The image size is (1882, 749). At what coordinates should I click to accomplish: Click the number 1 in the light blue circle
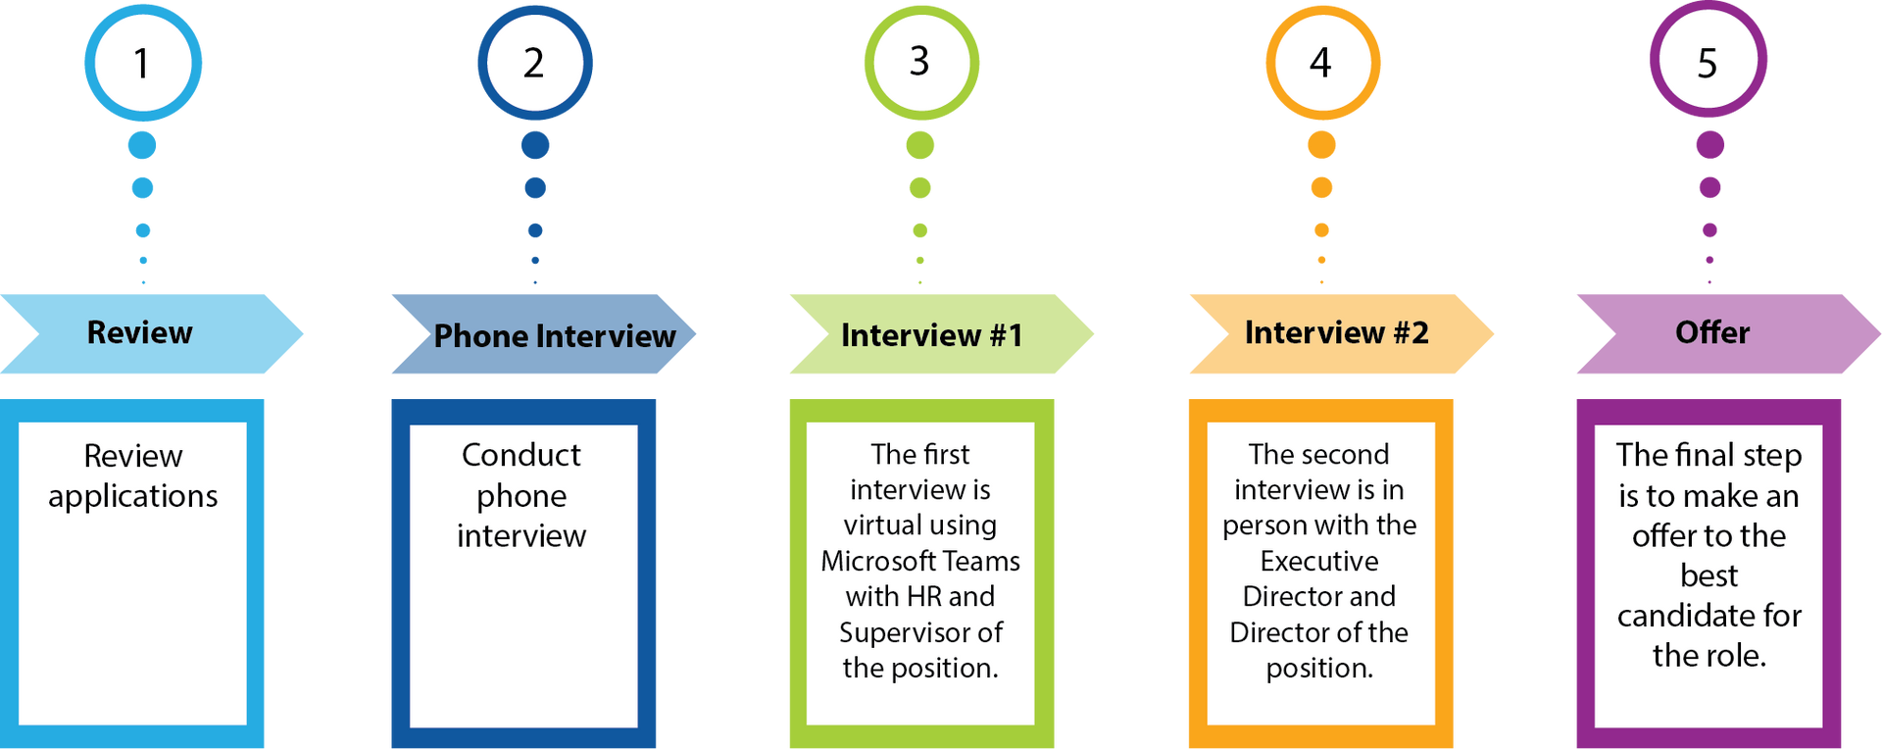coord(142,64)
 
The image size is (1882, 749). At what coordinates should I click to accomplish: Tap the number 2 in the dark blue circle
coord(533,64)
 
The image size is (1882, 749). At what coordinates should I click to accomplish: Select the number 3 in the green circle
coord(919,62)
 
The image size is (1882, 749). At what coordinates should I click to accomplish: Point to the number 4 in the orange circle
coord(1320,64)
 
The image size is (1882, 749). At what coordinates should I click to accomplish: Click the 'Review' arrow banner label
coord(140,333)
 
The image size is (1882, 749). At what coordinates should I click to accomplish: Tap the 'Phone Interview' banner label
coord(555,336)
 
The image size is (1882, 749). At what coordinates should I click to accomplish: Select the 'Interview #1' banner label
coord(932,335)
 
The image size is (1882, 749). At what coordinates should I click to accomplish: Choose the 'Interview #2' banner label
coord(1336,333)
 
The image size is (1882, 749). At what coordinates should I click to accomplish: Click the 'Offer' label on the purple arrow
coord(1712,333)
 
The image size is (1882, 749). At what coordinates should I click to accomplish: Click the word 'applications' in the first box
coord(133,497)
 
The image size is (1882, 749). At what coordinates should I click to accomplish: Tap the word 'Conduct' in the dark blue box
coord(521,455)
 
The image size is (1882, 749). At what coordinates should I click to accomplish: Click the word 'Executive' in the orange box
coord(1319,562)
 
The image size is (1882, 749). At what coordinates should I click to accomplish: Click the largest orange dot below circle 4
coord(1321,145)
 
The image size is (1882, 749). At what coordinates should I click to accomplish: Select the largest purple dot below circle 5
coord(1710,145)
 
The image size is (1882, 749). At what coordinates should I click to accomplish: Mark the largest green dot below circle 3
coord(920,145)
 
